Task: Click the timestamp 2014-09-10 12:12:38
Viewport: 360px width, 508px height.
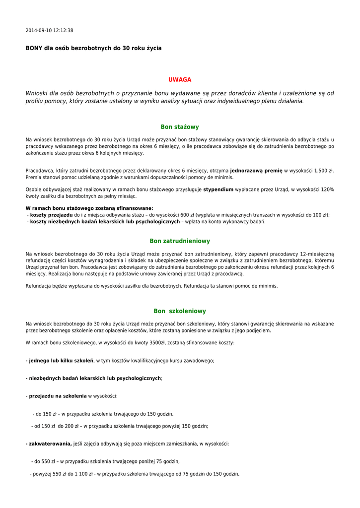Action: click(49, 31)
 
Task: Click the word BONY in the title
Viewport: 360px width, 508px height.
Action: click(34, 49)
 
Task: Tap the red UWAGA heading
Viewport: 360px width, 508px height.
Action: click(180, 80)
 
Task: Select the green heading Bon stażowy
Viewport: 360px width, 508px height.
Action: click(180, 127)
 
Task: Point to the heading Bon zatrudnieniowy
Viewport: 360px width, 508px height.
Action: click(180, 241)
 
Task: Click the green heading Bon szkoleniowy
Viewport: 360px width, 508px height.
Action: click(180, 311)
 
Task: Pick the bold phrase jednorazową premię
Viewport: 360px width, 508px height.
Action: click(256, 171)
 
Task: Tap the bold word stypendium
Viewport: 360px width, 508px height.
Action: click(218, 190)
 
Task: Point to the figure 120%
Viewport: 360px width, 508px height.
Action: click(327, 190)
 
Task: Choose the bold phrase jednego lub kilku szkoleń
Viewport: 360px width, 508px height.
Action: click(60, 361)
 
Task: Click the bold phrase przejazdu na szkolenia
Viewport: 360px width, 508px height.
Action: click(57, 396)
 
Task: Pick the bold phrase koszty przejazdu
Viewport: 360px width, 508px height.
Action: click(51, 215)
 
